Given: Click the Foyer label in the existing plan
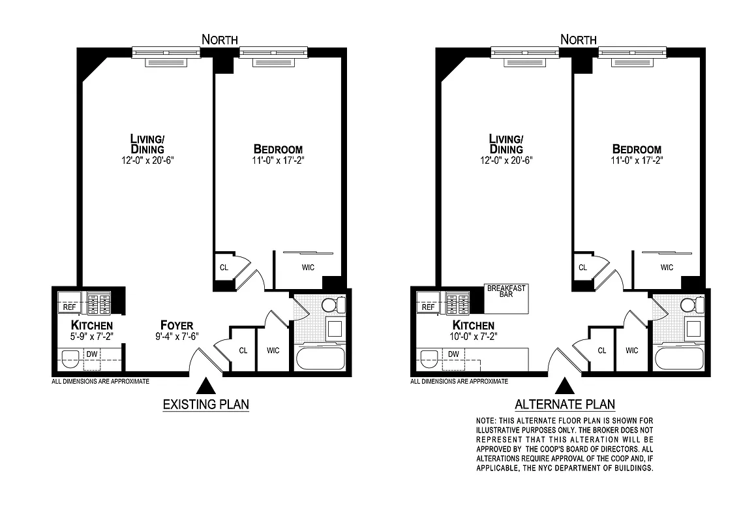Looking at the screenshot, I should coord(177,325).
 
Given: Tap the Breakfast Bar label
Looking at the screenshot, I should coord(506,291).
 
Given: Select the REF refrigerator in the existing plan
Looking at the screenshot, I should coord(69,307).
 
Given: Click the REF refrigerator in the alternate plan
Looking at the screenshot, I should coord(428,307).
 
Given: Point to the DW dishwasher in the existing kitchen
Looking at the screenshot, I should coord(91,353).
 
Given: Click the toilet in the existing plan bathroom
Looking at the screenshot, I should coord(334,304).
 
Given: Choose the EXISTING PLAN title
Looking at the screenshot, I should coord(205,405).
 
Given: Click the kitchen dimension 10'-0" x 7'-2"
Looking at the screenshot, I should coord(474,337).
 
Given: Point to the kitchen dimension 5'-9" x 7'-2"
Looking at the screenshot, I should coord(92,337).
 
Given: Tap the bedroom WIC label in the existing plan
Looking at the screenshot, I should coord(308,267).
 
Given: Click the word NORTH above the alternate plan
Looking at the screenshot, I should coord(578,40).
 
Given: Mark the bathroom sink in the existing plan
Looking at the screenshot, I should coord(335,328).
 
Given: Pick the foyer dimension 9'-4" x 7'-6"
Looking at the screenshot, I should coord(177,337).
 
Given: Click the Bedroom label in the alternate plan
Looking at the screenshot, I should coord(637,149).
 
